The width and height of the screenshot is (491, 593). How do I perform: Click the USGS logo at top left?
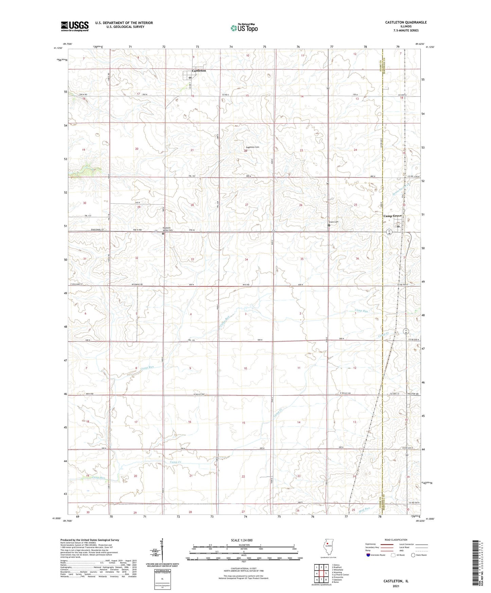[x=75, y=26]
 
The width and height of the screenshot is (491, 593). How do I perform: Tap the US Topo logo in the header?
[x=244, y=28]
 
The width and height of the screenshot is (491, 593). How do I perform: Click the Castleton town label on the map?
[x=199, y=71]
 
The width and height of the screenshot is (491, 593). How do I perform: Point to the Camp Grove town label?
[x=392, y=216]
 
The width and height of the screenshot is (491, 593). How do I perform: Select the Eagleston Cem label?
[x=252, y=147]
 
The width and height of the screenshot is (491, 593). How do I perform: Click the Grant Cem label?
[x=333, y=222]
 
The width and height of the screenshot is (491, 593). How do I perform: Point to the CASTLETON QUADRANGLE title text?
[x=406, y=22]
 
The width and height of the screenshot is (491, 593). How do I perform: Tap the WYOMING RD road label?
[x=137, y=285]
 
